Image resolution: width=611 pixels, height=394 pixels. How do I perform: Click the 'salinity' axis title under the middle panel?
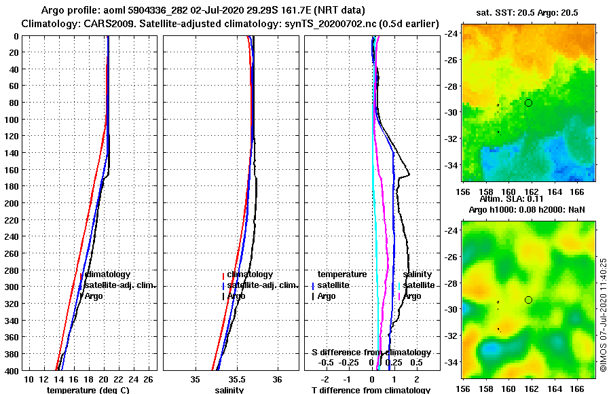pyautogui.click(x=229, y=390)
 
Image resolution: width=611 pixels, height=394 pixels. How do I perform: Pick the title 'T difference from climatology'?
pyautogui.click(x=371, y=390)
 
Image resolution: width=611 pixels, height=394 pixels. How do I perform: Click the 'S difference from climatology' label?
pyautogui.click(x=371, y=353)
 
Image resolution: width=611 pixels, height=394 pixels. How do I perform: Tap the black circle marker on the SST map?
pyautogui.click(x=528, y=103)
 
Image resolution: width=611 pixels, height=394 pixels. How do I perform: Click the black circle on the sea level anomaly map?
pyautogui.click(x=528, y=300)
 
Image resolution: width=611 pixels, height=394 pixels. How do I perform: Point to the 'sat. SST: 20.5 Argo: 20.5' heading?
pyautogui.click(x=530, y=12)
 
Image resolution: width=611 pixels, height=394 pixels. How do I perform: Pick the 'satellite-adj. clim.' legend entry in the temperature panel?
pyautogui.click(x=120, y=285)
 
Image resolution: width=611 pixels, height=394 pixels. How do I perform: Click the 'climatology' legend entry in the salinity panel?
pyautogui.click(x=250, y=274)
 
